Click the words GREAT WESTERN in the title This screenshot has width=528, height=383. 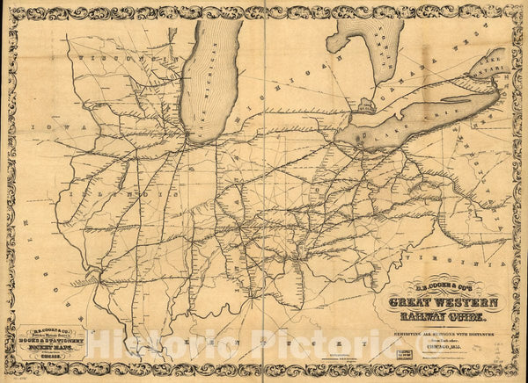click(x=442, y=303)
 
